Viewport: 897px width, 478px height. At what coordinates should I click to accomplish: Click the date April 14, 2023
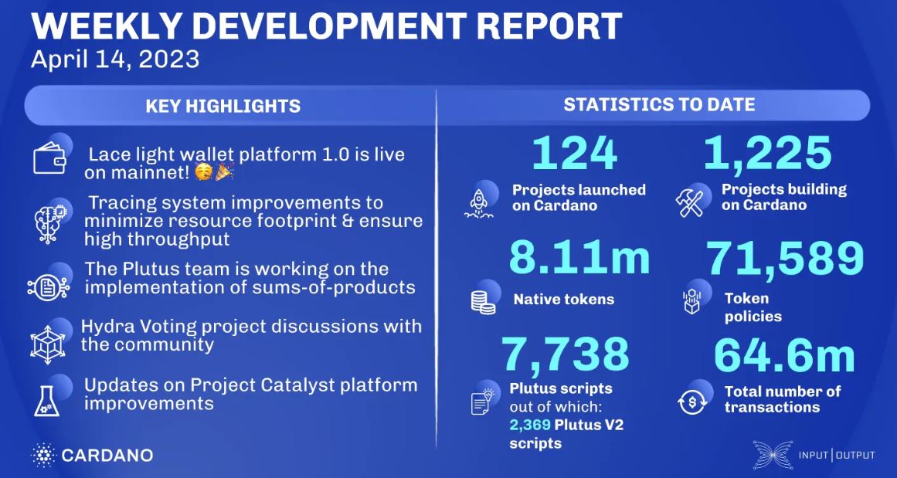pos(115,59)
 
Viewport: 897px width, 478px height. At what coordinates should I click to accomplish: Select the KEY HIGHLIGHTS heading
pos(223,106)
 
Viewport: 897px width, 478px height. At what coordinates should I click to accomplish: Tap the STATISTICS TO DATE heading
pos(659,104)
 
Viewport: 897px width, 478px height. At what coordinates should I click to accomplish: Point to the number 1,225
pos(767,154)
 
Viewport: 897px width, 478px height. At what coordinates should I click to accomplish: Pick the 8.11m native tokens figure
pos(579,258)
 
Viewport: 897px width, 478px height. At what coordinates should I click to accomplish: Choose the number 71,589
pos(785,259)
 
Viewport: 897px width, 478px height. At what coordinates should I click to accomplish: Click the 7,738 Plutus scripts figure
pos(566,354)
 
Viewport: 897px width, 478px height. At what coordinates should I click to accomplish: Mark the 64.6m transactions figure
pos(783,355)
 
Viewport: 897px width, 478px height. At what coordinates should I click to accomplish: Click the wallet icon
pos(49,158)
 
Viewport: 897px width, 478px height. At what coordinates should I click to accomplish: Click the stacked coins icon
pos(483,301)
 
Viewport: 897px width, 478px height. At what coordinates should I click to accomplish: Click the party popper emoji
pos(224,171)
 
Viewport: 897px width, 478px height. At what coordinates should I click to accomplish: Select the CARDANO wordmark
pos(107,456)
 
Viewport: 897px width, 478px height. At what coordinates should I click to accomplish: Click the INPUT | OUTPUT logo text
pos(837,456)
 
